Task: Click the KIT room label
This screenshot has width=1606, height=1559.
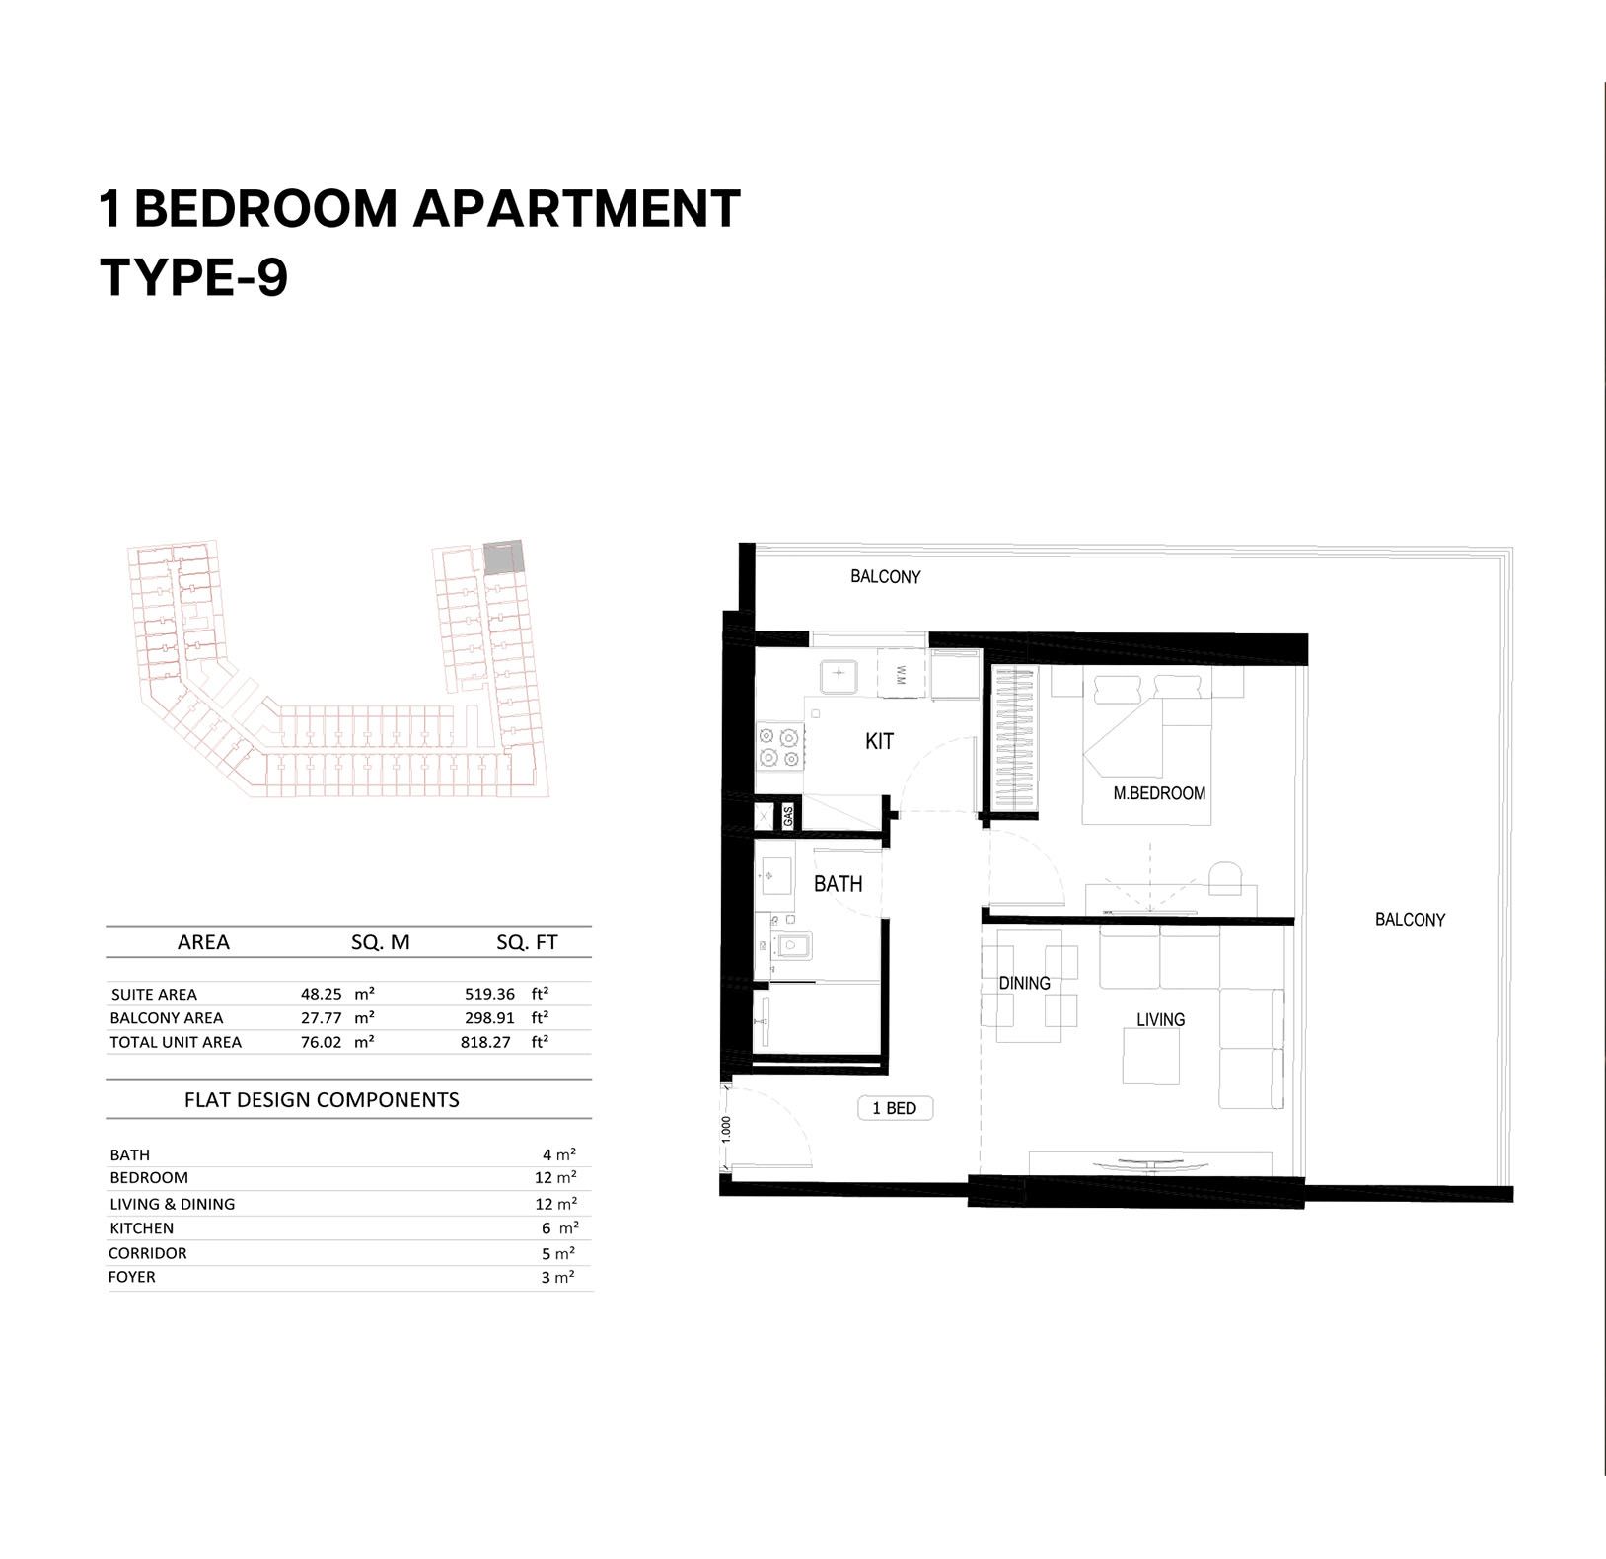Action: coord(879,741)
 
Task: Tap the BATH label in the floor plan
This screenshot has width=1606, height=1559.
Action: coord(838,884)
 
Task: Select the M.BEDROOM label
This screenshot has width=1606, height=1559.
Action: coord(1159,793)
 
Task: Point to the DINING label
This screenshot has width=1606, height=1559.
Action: coord(1024,983)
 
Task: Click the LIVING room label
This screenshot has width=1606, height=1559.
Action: coord(1160,1019)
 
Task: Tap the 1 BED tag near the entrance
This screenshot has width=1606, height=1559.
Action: coord(895,1108)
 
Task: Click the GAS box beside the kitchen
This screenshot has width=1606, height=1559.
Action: coord(788,816)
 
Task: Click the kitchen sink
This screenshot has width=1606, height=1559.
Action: coord(839,675)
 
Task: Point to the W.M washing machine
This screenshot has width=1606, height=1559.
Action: coord(900,674)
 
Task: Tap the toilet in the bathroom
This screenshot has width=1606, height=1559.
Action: coord(789,947)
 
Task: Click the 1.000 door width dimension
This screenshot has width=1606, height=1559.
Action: coord(726,1129)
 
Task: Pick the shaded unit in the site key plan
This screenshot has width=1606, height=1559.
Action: coord(501,557)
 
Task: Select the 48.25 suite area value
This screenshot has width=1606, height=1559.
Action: coord(322,995)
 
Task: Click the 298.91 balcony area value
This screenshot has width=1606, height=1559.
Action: coord(489,1018)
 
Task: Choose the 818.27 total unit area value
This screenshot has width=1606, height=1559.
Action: coord(485,1042)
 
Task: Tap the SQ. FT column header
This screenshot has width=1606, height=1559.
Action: coord(527,943)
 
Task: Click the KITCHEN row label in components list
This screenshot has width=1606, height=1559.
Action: coord(142,1228)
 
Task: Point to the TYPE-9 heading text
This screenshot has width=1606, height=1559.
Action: coord(194,277)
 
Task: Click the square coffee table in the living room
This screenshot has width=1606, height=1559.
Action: coord(1151,1057)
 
